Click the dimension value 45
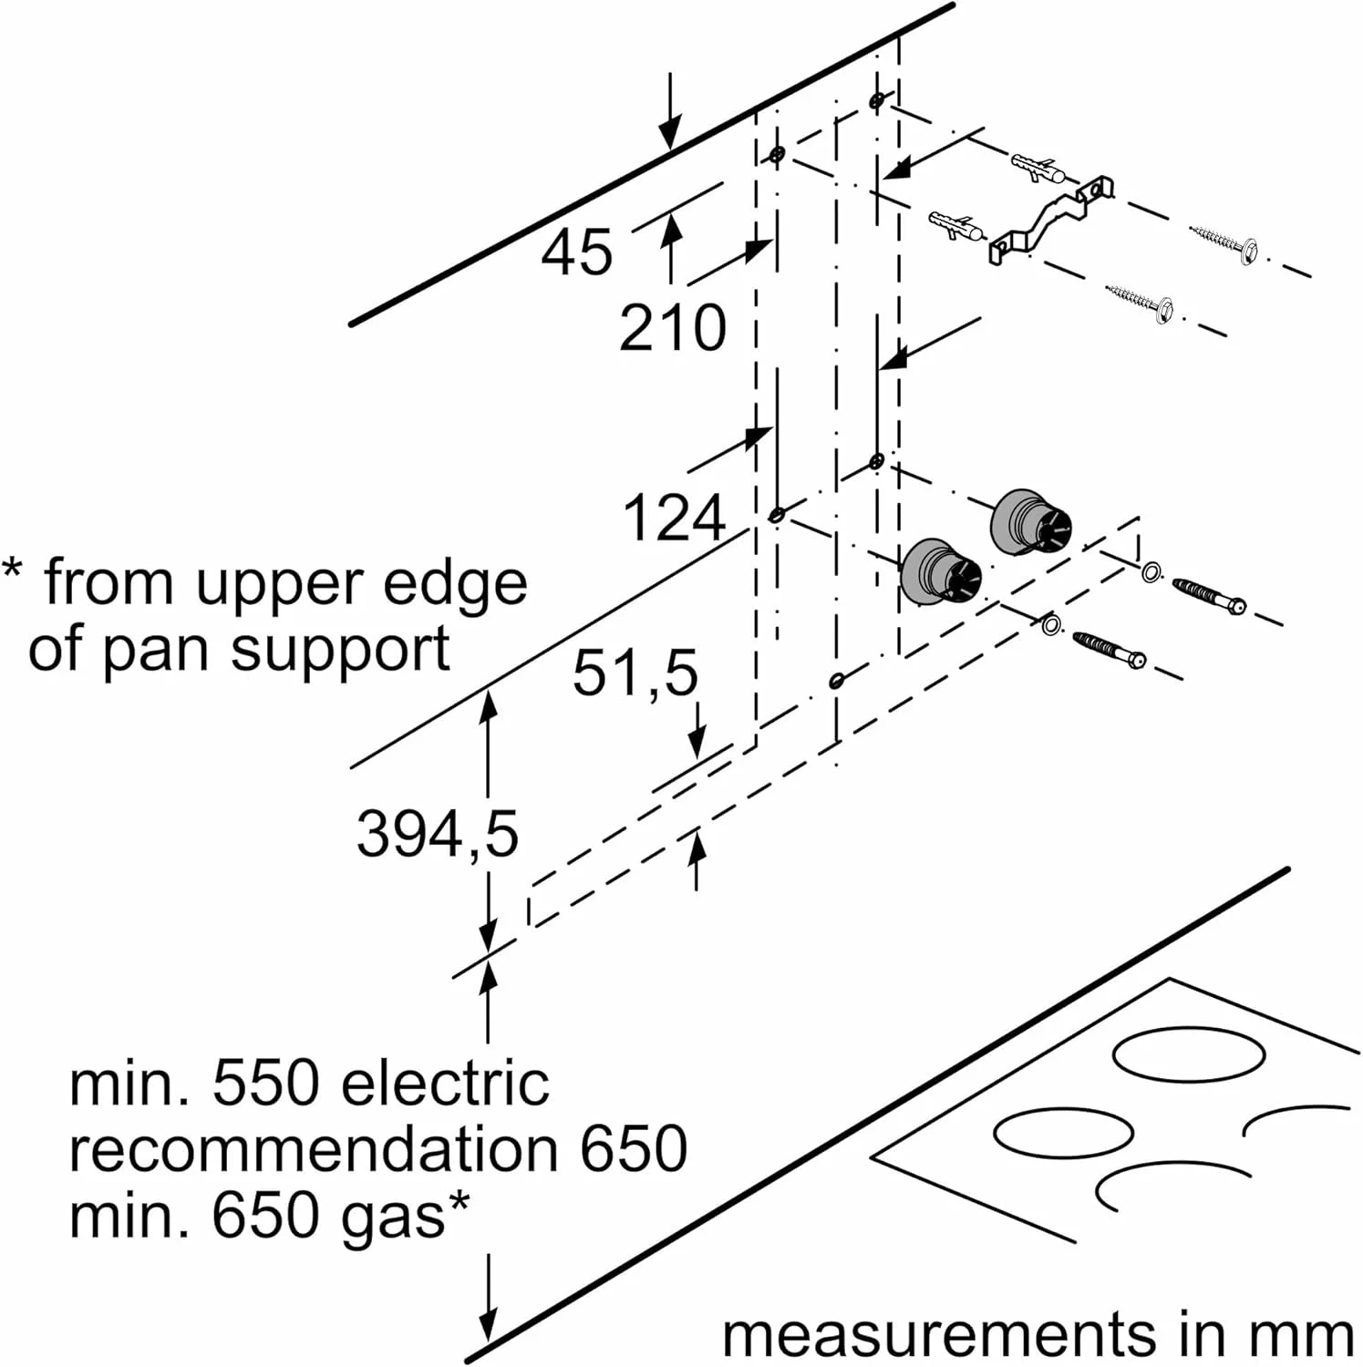pyautogui.click(x=576, y=252)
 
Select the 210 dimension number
pyautogui.click(x=673, y=328)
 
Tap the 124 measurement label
pyautogui.click(x=674, y=519)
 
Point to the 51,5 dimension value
pyautogui.click(x=635, y=673)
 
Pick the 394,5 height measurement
pyautogui.click(x=437, y=834)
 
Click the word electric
pyautogui.click(x=445, y=1084)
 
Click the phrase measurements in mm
pyautogui.click(x=1038, y=1335)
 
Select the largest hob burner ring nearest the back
pyautogui.click(x=1189, y=1054)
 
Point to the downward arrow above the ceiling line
pyautogui.click(x=670, y=109)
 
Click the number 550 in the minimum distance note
pyautogui.click(x=265, y=1084)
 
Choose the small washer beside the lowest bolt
pyautogui.click(x=1050, y=625)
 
